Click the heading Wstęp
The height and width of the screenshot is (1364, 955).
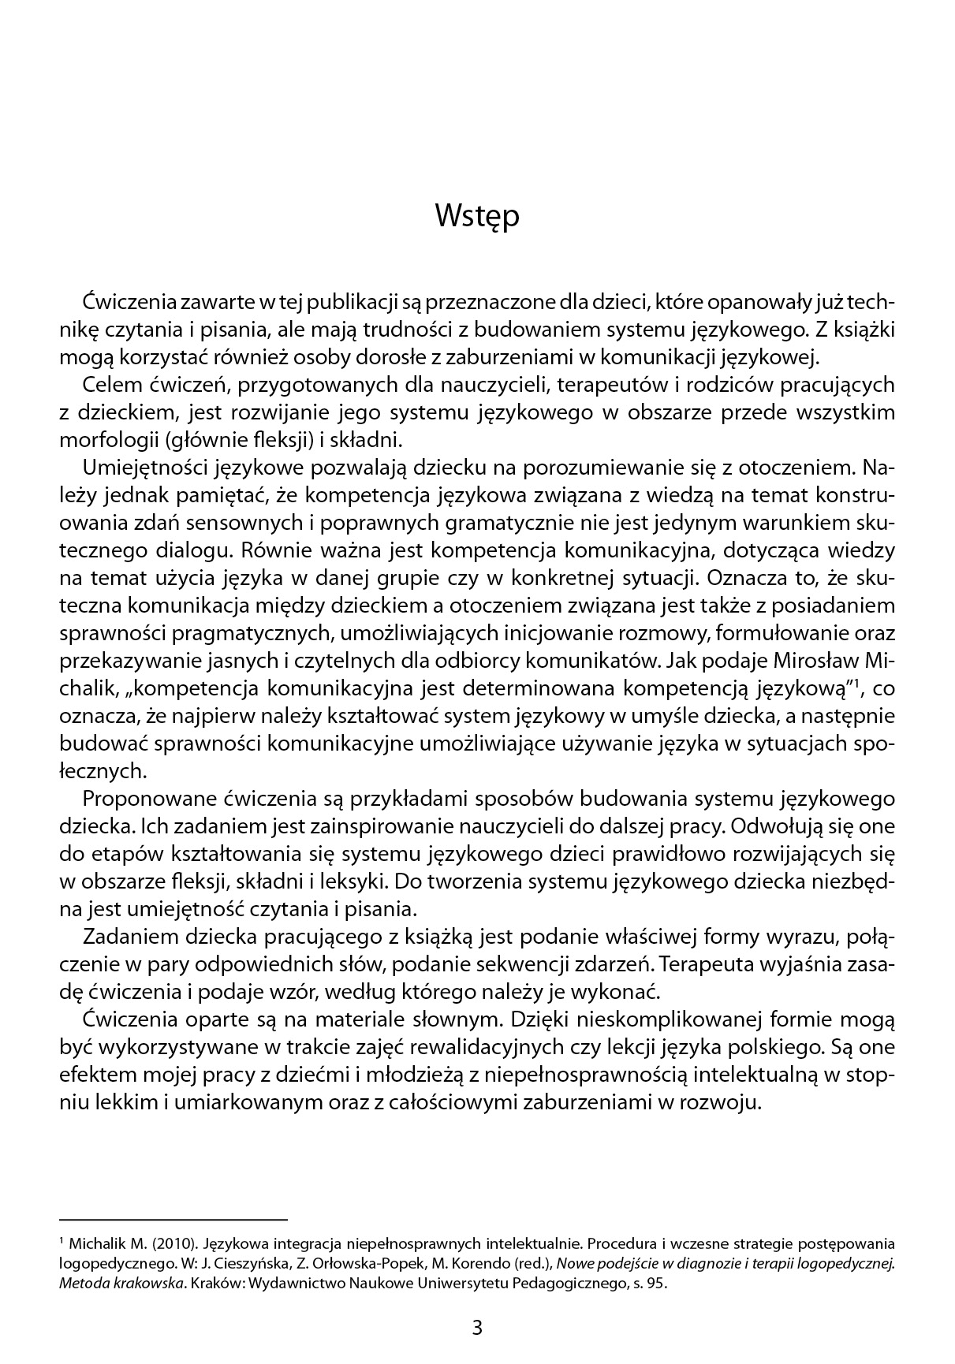477,215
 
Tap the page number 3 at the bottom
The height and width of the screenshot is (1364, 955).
476,1327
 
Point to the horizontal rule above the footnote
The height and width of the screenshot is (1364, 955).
173,1219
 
